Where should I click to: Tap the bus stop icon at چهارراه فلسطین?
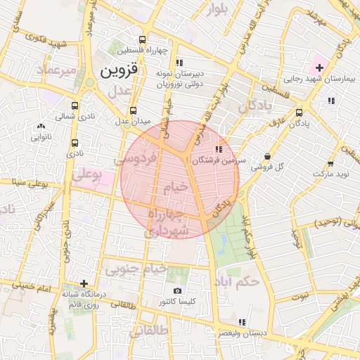tap(143, 39)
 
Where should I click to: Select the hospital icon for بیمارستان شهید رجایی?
tap(319, 67)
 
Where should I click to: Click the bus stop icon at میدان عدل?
tap(134, 110)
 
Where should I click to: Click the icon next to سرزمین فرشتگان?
tap(219, 149)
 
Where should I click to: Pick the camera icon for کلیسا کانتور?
tap(177, 290)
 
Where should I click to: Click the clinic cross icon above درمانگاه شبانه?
tap(84, 283)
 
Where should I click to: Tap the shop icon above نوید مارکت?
tap(330, 161)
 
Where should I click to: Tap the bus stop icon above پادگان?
tap(300, 112)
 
